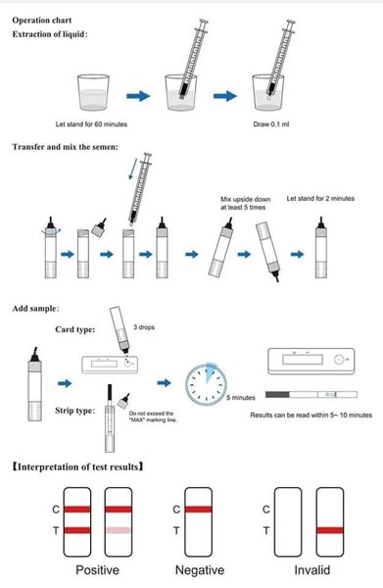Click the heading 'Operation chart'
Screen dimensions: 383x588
[41, 21]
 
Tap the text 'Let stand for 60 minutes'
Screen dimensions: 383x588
[91, 124]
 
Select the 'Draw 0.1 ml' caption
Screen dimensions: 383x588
[271, 124]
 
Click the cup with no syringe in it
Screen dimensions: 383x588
[93, 92]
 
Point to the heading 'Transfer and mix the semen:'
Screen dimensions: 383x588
[66, 147]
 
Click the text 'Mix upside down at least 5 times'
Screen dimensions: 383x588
[245, 203]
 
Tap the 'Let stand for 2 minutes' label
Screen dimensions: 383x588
[320, 199]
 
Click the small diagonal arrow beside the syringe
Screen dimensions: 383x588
[131, 169]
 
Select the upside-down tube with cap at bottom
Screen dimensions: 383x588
[268, 251]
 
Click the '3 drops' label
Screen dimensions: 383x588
[144, 327]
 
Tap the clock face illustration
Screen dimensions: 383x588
[206, 383]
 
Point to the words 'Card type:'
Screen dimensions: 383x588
[75, 329]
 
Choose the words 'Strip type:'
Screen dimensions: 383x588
[75, 411]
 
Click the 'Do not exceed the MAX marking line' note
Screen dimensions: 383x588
[153, 416]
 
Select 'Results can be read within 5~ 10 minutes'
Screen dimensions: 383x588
[311, 416]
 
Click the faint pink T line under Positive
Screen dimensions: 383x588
[119, 530]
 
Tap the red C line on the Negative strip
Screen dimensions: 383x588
[198, 510]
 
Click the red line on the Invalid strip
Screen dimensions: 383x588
[330, 530]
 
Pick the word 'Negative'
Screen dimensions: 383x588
[200, 570]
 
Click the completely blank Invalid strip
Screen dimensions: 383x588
[288, 522]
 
